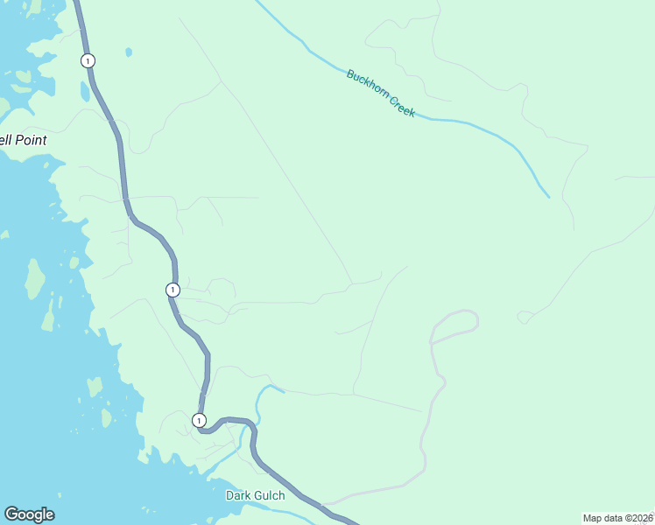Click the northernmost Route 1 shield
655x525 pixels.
[88, 60]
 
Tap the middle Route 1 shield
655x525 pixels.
[173, 290]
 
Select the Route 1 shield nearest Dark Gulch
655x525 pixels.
[199, 420]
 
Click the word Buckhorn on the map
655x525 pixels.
[366, 86]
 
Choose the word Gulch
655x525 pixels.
[271, 495]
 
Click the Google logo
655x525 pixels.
[29, 514]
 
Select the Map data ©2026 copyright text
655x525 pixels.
[618, 518]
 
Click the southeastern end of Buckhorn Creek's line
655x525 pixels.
[548, 196]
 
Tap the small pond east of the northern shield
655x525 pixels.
[129, 52]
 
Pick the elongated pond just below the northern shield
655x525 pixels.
[85, 90]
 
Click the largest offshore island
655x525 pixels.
[35, 278]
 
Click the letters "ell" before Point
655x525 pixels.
[6, 140]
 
